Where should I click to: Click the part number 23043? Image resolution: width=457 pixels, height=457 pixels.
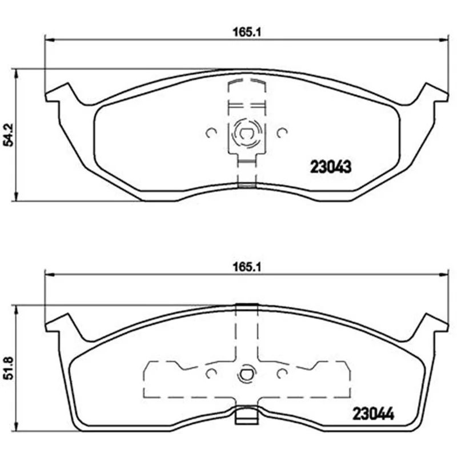[x=331, y=167]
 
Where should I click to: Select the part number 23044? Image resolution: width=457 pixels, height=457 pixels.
[x=373, y=414]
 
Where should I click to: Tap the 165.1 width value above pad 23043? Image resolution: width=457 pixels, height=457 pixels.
[x=246, y=32]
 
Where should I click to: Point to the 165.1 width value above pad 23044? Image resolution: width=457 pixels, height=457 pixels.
[x=246, y=267]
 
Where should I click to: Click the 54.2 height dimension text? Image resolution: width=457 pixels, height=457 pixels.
[x=9, y=135]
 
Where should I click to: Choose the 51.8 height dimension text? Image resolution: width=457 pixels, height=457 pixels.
[x=9, y=368]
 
